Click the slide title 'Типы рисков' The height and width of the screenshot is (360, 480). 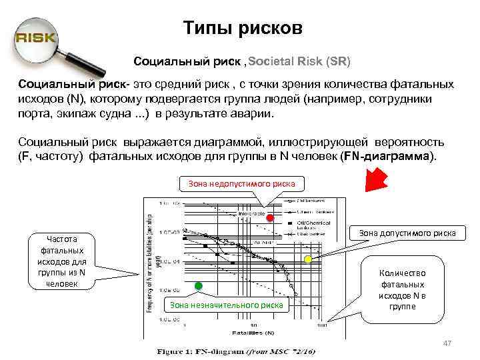[243, 29]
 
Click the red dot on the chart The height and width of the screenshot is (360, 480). [270, 218]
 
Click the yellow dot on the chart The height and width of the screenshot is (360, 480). [308, 258]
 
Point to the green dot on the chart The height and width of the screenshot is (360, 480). [198, 286]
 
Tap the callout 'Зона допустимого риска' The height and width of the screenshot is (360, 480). [407, 233]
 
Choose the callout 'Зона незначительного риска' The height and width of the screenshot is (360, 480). [227, 305]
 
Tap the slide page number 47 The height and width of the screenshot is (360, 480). [447, 343]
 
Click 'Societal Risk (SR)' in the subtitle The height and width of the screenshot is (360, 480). [299, 61]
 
